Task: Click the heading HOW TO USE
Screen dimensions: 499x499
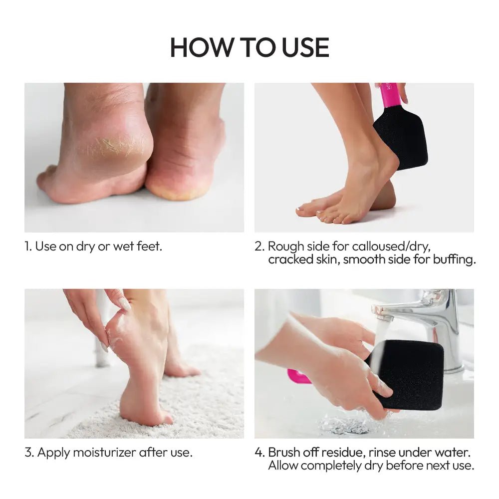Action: tap(249, 47)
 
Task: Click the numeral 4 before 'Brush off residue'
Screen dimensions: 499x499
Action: tap(258, 453)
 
